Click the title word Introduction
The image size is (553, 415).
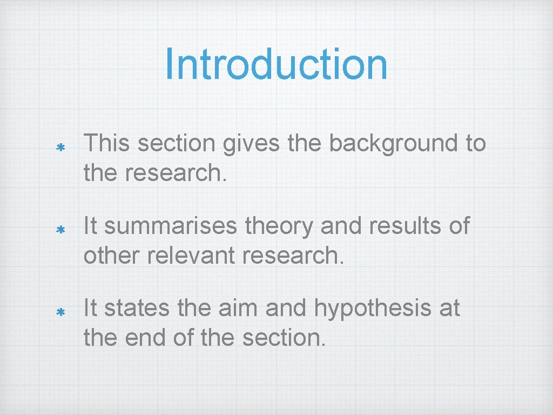pos(276,64)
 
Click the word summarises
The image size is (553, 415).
pos(171,226)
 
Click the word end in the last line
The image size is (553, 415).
pos(143,338)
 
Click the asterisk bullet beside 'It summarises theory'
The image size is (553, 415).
pos(61,230)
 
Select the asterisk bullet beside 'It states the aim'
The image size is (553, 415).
pos(61,312)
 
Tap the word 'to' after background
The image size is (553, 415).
pos(475,144)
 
